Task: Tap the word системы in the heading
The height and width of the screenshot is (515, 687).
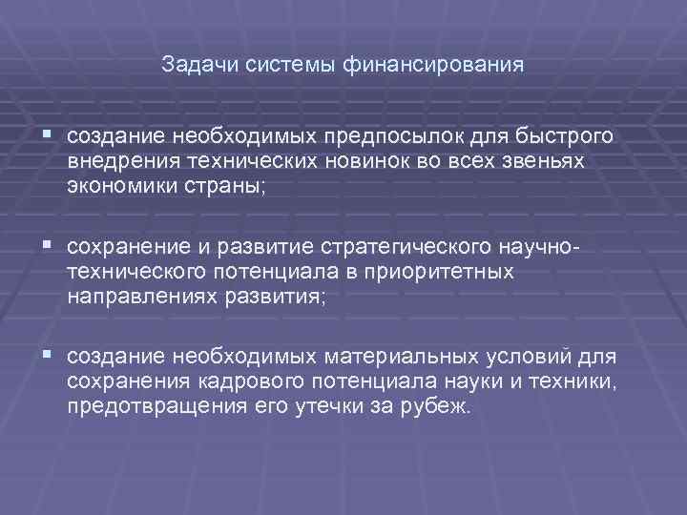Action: [281, 66]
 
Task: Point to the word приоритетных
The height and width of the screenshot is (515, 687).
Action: [447, 273]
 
